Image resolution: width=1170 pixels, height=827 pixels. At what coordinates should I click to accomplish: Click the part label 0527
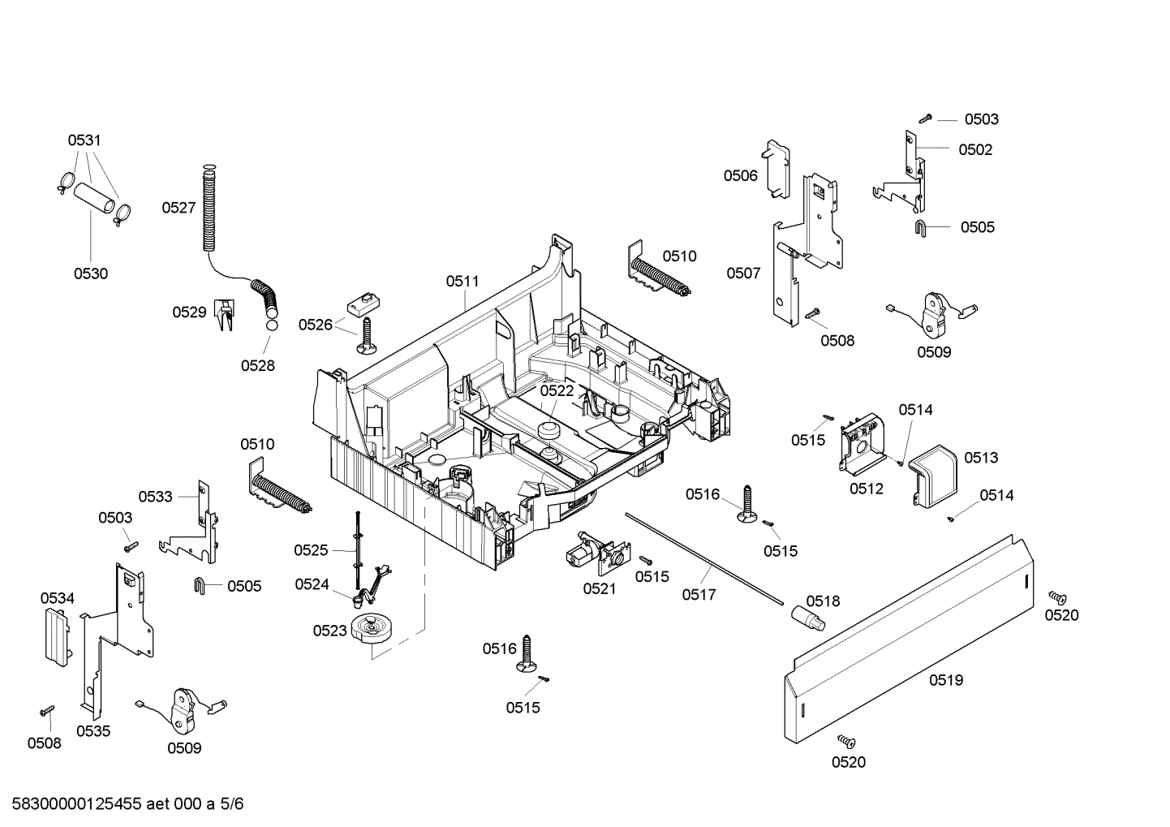[x=178, y=208]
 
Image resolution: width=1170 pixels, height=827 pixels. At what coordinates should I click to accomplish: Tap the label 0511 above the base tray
[x=462, y=282]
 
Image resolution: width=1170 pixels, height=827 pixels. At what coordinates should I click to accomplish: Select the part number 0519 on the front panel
[x=945, y=680]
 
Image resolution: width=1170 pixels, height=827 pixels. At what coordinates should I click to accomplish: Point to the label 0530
[x=91, y=274]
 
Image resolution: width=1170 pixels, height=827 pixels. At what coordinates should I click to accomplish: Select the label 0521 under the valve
[x=599, y=588]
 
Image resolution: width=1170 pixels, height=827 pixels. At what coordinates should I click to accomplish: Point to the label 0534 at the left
[x=57, y=598]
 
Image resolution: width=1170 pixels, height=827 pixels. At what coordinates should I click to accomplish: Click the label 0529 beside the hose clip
[x=189, y=312]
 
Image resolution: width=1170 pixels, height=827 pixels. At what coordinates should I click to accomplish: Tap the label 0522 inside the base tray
[x=557, y=390]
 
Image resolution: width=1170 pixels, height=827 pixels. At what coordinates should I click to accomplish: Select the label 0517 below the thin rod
[x=699, y=595]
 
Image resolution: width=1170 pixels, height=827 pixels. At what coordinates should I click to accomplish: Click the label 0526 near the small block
[x=315, y=325]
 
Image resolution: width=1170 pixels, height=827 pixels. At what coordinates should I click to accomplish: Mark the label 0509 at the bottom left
[x=184, y=748]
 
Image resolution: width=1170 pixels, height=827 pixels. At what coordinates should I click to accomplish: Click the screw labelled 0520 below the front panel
[x=846, y=741]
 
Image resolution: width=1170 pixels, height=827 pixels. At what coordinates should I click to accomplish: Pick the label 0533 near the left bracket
[x=155, y=497]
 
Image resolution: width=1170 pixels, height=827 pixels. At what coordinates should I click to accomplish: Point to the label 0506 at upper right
[x=740, y=175]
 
